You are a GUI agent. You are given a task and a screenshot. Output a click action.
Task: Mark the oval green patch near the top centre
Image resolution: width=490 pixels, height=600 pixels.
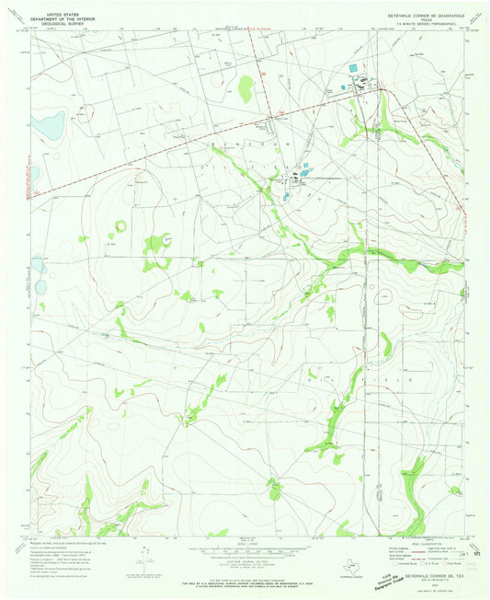[245, 89]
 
